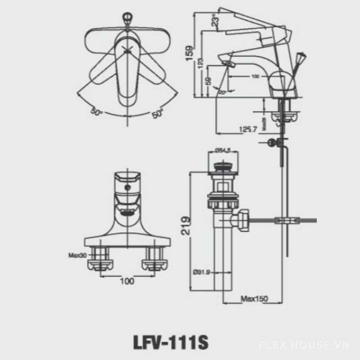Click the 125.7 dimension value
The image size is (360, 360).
click(x=247, y=129)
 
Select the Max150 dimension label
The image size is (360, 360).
click(x=254, y=299)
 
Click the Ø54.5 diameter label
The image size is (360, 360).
click(x=222, y=151)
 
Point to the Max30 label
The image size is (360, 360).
click(x=77, y=255)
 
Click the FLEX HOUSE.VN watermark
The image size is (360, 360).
click(x=304, y=345)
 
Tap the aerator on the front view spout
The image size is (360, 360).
click(x=127, y=210)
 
